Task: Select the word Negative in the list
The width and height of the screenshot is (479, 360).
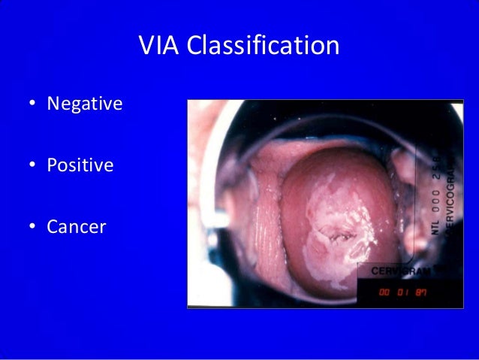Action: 84,103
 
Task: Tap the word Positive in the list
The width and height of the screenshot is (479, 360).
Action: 80,164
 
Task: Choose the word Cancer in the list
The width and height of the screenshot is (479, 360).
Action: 76,226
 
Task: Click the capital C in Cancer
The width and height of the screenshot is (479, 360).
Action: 52,226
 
